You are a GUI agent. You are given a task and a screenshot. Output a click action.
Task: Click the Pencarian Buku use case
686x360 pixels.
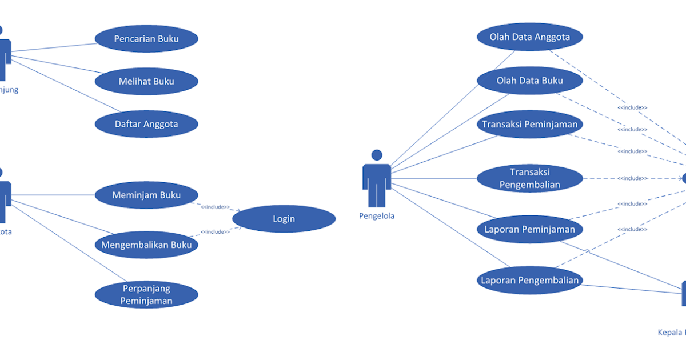point(146,39)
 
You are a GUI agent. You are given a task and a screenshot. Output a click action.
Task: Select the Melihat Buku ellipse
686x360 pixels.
point(146,81)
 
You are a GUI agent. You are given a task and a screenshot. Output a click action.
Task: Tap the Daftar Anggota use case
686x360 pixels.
point(146,123)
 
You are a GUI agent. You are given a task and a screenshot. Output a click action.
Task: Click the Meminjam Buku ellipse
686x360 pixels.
point(146,195)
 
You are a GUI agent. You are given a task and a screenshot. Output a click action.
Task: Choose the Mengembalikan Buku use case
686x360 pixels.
point(146,245)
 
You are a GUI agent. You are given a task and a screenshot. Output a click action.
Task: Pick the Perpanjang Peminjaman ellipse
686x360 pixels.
point(146,294)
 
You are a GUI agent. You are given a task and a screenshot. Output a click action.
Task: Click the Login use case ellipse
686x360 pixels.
point(284,219)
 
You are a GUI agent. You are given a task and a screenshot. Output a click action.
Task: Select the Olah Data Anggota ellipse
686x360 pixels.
point(529,37)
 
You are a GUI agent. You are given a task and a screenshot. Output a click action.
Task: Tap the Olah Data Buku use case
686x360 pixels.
point(529,81)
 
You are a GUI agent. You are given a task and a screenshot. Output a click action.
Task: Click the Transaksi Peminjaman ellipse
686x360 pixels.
point(529,124)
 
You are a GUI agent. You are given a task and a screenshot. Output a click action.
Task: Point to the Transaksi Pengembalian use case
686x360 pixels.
point(529,178)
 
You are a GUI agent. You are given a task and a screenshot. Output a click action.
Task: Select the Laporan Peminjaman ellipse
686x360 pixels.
point(529,229)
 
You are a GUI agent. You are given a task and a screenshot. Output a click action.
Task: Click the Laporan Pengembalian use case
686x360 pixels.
point(529,280)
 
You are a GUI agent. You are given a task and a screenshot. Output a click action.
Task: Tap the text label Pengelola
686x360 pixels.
point(377,216)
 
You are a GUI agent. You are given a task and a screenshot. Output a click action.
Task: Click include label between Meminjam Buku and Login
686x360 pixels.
point(215,207)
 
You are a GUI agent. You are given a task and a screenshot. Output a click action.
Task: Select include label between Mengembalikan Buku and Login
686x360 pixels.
point(215,231)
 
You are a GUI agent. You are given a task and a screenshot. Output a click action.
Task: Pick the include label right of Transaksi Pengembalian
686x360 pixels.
point(632,178)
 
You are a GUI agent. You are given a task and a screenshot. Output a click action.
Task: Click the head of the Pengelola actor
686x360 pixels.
point(377,155)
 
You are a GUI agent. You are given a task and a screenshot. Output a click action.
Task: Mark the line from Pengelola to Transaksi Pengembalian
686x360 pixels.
point(434,178)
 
